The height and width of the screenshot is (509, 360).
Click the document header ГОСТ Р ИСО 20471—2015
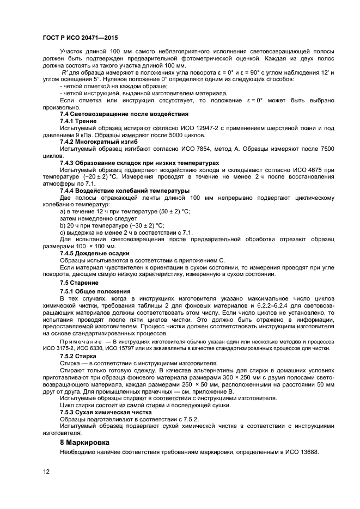[x=80, y=39]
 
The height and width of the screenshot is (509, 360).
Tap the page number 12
[x=46, y=471]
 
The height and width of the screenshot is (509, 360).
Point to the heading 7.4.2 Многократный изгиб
[x=99, y=141]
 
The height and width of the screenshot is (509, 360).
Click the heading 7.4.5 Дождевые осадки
[x=94, y=253]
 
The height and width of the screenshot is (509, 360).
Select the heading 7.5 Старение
[x=79, y=283]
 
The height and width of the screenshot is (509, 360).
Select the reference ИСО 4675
[x=311, y=170]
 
